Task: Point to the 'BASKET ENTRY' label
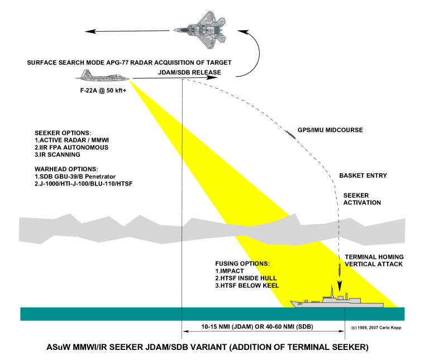[363, 176]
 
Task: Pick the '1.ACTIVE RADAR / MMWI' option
[69, 139]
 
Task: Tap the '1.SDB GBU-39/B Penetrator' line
[77, 176]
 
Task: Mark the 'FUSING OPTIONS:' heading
[242, 263]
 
